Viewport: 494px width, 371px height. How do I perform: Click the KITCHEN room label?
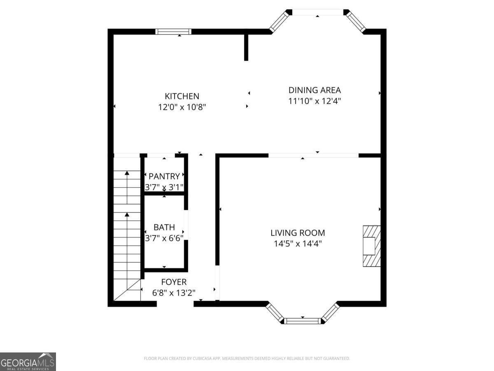pos(182,96)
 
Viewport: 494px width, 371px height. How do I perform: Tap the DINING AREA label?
pos(315,90)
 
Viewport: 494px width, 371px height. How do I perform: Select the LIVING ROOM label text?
pos(298,233)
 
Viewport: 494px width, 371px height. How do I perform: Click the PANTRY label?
pos(164,176)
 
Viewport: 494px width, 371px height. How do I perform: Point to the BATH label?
pos(164,227)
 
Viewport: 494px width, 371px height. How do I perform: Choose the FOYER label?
pos(173,282)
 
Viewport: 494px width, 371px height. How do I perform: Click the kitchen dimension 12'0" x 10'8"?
pos(182,107)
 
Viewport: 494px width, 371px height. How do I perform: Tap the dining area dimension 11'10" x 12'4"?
pos(315,101)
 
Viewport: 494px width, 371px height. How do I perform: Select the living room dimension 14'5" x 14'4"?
pos(298,244)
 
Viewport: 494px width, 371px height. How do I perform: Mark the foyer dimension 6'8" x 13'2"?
pos(173,293)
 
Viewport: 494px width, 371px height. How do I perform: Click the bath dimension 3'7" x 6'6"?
pos(164,238)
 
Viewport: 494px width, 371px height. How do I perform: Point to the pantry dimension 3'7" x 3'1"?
pos(164,187)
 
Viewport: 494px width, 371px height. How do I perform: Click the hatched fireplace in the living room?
pos(371,246)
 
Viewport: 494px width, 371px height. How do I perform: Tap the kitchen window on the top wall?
pos(173,32)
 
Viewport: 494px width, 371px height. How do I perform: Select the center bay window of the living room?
pos(303,321)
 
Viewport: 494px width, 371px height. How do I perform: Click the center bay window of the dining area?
pos(317,12)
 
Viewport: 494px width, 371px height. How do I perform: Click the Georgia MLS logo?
pos(28,362)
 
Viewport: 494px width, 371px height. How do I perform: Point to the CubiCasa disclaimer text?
pos(247,359)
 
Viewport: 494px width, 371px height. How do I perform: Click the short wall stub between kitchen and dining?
pos(246,47)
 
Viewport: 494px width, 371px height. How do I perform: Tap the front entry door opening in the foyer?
pos(175,304)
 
